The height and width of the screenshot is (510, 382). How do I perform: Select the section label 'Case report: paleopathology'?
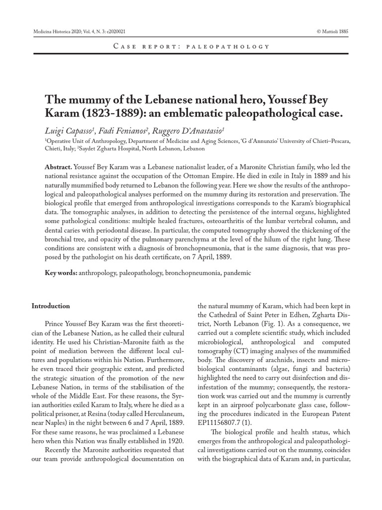click(x=191, y=46)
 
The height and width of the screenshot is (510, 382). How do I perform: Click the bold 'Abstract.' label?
click(x=59, y=167)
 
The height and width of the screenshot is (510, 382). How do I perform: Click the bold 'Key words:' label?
click(x=61, y=273)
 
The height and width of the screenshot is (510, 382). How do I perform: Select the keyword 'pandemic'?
click(x=237, y=273)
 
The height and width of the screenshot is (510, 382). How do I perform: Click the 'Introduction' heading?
click(x=51, y=306)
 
